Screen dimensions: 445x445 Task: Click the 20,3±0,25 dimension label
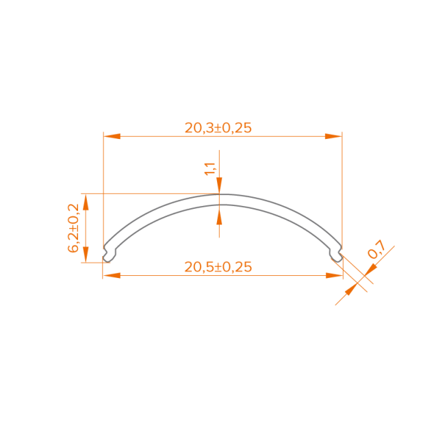pos(218,127)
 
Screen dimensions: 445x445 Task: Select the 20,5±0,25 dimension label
pos(218,267)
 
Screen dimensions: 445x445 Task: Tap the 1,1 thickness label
pos(210,168)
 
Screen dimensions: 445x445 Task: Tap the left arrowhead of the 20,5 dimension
pos(112,275)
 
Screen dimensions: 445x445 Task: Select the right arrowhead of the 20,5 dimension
pos(333,275)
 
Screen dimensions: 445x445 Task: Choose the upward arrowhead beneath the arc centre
pos(219,216)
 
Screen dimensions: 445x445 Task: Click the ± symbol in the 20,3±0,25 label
pos(218,127)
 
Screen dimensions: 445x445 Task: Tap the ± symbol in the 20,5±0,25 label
pos(218,267)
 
